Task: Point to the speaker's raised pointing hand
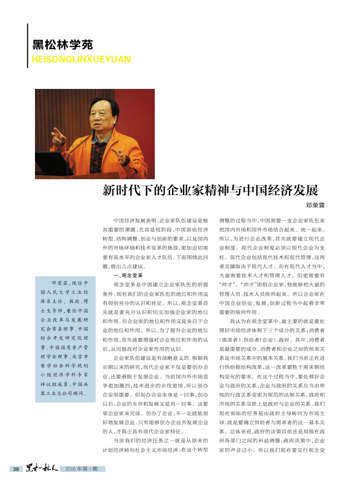(x=57, y=136)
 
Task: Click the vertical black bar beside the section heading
(x=28, y=46)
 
